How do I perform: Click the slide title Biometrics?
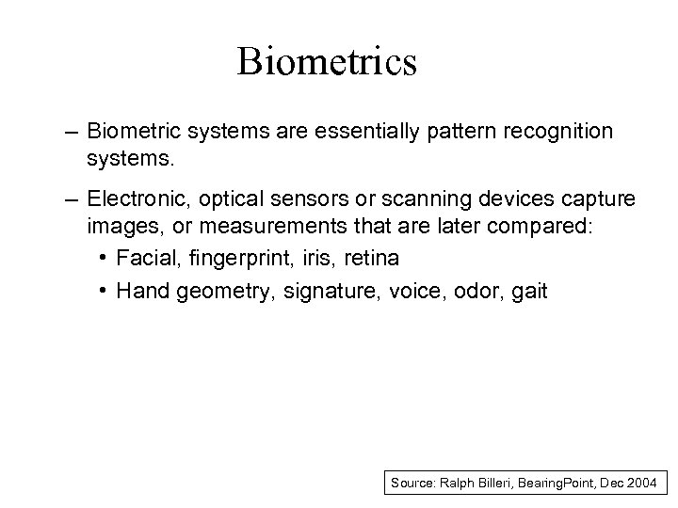point(327,62)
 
